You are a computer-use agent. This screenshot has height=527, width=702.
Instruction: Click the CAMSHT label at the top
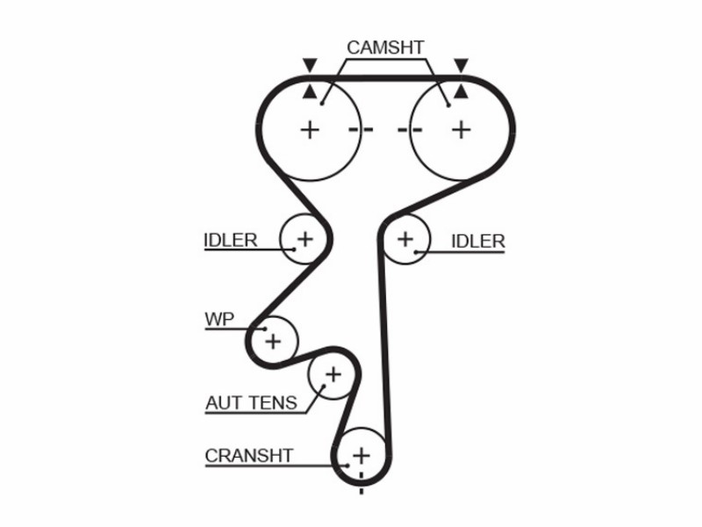[385, 47]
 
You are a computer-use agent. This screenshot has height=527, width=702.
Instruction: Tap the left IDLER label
[231, 240]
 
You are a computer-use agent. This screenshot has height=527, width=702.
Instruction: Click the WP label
[219, 319]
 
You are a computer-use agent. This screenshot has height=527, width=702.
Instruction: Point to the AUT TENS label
[251, 402]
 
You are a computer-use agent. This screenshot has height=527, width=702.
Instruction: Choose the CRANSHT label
[249, 456]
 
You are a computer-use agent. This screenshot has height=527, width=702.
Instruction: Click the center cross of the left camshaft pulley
[310, 130]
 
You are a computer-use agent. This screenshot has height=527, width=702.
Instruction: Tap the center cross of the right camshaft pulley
[462, 130]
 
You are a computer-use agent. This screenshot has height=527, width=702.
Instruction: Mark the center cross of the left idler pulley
[305, 239]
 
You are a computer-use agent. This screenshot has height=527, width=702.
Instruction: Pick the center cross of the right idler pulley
[405, 239]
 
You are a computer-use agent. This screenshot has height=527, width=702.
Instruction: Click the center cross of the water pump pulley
[273, 342]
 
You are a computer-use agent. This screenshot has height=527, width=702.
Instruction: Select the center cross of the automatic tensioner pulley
[333, 374]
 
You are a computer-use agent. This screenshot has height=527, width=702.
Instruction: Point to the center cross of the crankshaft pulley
[362, 456]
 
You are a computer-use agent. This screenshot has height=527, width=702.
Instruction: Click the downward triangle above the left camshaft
[310, 64]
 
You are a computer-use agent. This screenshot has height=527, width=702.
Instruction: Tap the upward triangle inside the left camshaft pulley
[310, 92]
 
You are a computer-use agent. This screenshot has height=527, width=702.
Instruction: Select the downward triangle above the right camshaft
[462, 64]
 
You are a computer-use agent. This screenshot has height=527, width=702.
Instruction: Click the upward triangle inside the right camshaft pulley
[462, 92]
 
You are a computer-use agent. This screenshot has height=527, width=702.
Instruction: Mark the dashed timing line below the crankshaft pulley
[362, 482]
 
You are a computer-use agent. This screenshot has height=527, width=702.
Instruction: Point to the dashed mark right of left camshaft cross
[361, 130]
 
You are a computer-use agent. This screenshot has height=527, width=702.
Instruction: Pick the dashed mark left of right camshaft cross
[410, 130]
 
